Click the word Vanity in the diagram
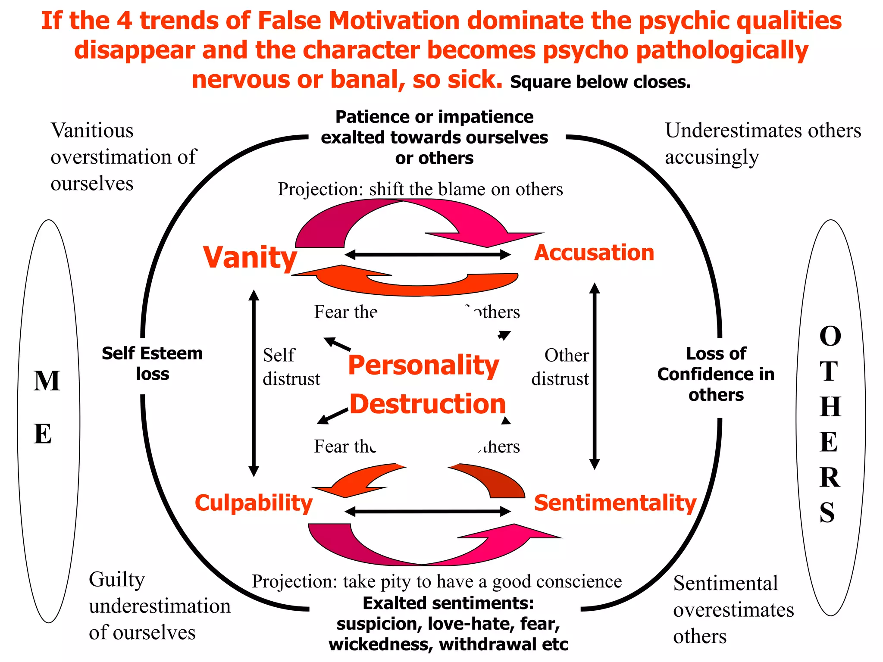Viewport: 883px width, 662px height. pos(250,257)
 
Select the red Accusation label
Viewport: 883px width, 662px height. pos(594,253)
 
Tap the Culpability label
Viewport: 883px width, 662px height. pos(254,503)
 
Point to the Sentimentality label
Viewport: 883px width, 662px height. pos(615,503)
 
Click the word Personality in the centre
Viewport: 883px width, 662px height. pos(423,365)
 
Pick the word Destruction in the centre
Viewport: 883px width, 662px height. pos(427,404)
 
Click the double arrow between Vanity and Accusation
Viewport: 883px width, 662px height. pos(428,255)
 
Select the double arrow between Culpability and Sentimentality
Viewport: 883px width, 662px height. pos(428,512)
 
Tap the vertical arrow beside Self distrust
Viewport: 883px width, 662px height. pos(254,383)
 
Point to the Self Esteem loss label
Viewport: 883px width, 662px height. pos(152,364)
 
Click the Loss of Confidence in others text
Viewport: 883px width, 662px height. pos(716,374)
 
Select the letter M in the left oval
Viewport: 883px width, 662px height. pos(47,381)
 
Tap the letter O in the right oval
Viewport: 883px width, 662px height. pos(830,336)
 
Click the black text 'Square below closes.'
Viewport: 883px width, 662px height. pos(600,82)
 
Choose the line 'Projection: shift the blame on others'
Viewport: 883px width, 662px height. pos(420,189)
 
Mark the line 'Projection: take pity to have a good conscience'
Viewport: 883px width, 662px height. pos(437,581)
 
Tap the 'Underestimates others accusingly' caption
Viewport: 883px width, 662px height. pos(762,144)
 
